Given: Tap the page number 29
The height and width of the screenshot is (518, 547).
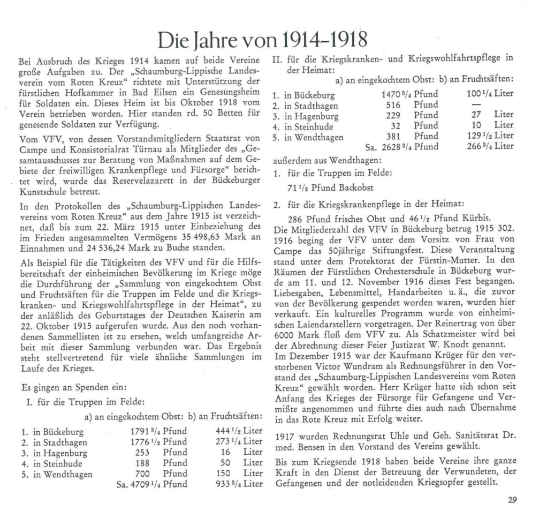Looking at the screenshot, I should click(x=512, y=501).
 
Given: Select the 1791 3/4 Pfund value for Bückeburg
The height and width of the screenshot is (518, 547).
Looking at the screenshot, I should click(x=158, y=431).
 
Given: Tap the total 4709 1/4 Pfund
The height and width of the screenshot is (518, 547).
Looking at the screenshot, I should click(x=152, y=485).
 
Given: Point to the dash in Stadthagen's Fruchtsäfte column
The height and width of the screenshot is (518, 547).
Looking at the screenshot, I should click(x=474, y=105).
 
